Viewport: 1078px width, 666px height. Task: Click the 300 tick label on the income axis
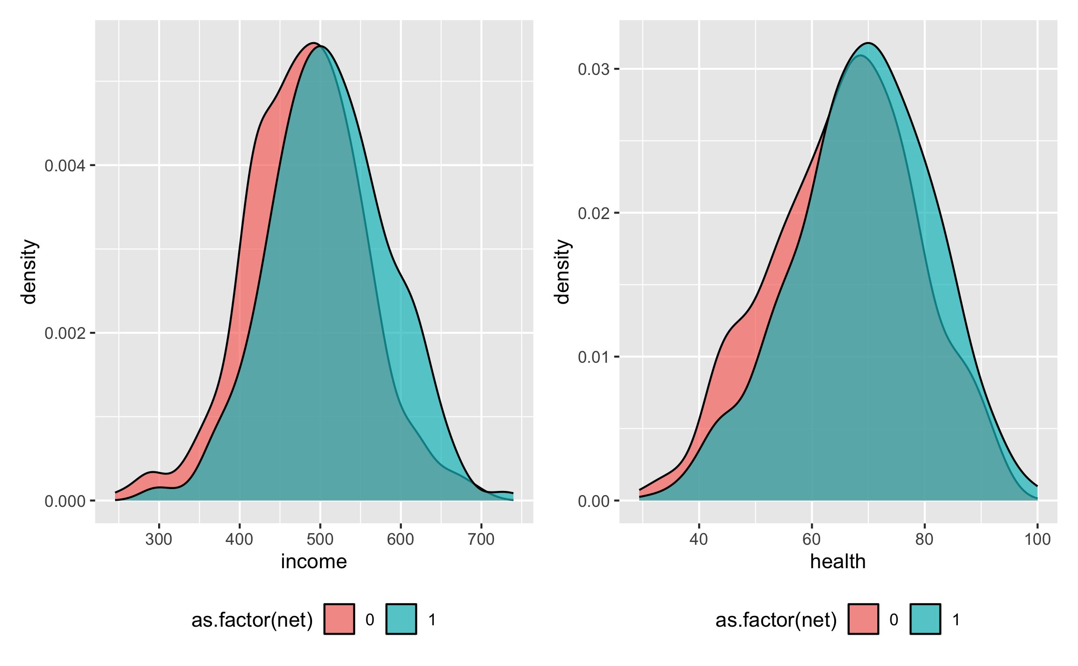(159, 540)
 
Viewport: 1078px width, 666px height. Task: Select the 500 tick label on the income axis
(320, 540)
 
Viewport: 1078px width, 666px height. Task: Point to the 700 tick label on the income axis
(481, 540)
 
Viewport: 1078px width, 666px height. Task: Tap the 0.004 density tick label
(65, 166)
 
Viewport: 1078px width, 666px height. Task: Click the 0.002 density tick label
(65, 333)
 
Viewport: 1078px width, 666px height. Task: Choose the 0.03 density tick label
(594, 69)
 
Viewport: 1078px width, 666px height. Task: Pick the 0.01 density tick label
(594, 357)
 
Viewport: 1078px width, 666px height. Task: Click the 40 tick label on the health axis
(699, 540)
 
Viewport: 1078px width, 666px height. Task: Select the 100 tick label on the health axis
(1037, 540)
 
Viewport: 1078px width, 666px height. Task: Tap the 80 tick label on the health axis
(925, 540)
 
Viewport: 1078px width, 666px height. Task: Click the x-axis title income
(314, 562)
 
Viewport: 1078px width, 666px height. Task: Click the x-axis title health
(838, 562)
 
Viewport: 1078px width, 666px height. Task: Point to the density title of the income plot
(29, 271)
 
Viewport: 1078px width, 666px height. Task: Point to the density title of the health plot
(562, 271)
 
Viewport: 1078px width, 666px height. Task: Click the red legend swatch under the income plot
(339, 619)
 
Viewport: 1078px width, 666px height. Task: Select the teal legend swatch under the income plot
(401, 619)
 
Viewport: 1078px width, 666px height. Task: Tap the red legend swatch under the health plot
(863, 619)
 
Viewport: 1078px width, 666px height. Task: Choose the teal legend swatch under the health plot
(925, 619)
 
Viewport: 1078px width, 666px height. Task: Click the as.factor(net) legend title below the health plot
(776, 620)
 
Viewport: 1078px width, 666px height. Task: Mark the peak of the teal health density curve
(868, 43)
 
